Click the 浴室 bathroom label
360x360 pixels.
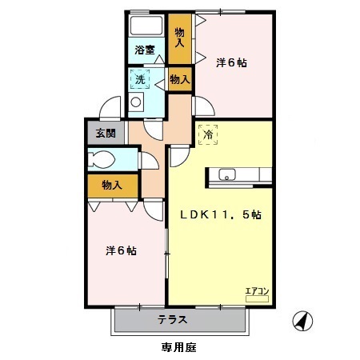[145, 50]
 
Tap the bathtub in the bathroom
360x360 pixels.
[146, 25]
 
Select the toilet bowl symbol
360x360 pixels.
[102, 160]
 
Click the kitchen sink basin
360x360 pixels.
[227, 174]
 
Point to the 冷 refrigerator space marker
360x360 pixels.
[208, 134]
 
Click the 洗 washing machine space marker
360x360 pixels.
[140, 79]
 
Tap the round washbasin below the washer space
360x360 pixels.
[136, 102]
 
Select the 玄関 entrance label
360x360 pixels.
[106, 133]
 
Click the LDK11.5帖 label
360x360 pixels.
[221, 214]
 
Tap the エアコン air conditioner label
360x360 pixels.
[257, 291]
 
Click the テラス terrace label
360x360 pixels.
[172, 319]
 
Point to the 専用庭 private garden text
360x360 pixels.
[179, 347]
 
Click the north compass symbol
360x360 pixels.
[302, 321]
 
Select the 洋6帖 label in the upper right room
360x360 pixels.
[231, 63]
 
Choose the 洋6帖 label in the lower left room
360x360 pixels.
[121, 250]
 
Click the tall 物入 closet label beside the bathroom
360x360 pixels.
[179, 38]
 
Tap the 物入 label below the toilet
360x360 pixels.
[112, 185]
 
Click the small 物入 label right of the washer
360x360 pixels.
[180, 79]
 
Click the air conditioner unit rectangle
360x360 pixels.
[257, 298]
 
